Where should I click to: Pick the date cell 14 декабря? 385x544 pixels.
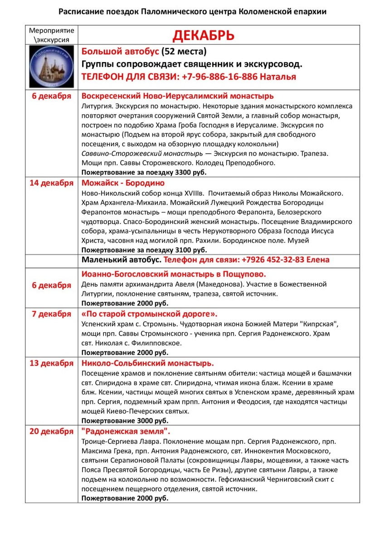coord(51,183)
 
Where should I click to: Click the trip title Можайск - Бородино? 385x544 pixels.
coord(123,183)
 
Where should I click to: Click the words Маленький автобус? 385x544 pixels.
coord(121,260)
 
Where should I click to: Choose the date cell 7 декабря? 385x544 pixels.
coord(51,313)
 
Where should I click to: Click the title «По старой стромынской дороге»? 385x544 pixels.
coord(149,313)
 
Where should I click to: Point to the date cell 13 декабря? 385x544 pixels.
coord(51,363)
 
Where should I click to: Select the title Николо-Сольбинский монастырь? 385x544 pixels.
coord(148,363)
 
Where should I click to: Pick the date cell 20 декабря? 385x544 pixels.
coord(51,431)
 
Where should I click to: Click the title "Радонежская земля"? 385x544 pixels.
coord(126,431)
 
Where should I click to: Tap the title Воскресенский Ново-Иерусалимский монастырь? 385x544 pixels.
coord(177,96)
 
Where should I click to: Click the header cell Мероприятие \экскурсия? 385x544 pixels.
coord(51,35)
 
